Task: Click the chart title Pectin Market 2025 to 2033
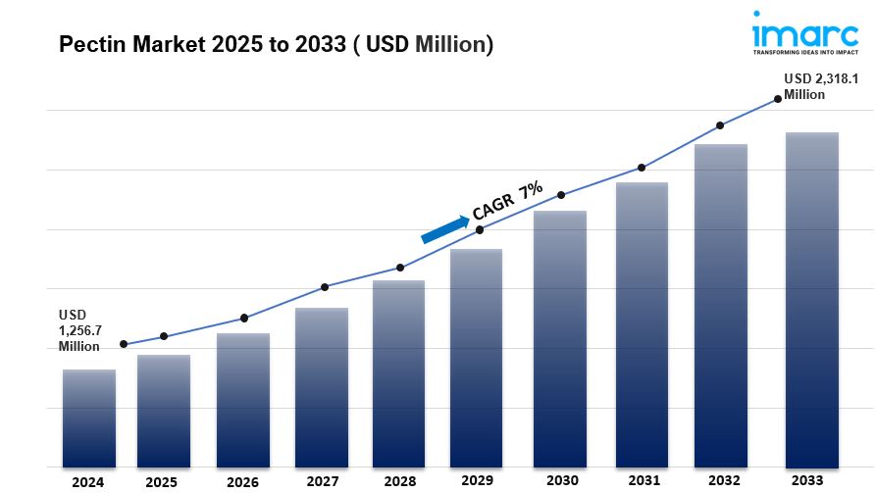(x=276, y=44)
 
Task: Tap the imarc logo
(x=804, y=33)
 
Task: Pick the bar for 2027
(x=322, y=387)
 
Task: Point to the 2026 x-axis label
(x=242, y=481)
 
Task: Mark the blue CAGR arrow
(x=445, y=228)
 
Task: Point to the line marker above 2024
(x=124, y=344)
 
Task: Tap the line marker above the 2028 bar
(x=400, y=268)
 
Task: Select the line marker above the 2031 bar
(x=642, y=168)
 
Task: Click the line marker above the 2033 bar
(x=778, y=98)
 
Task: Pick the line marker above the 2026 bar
(x=244, y=318)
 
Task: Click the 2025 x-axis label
(x=162, y=481)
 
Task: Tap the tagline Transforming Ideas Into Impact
(x=804, y=54)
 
